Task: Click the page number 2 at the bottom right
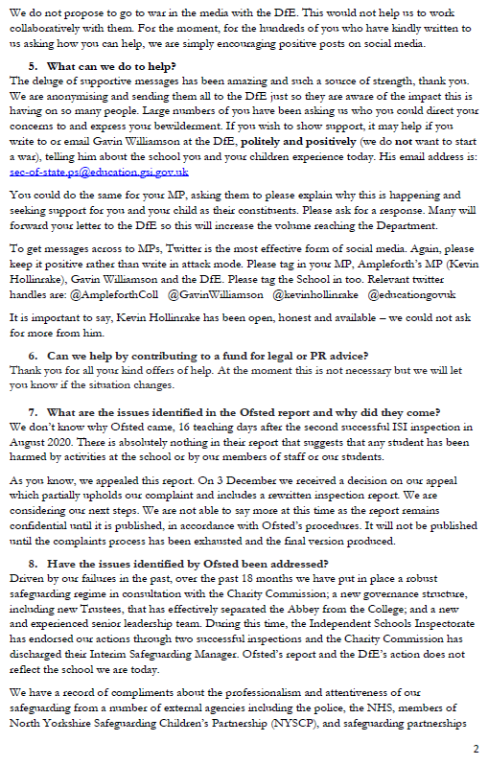pos(476,748)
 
